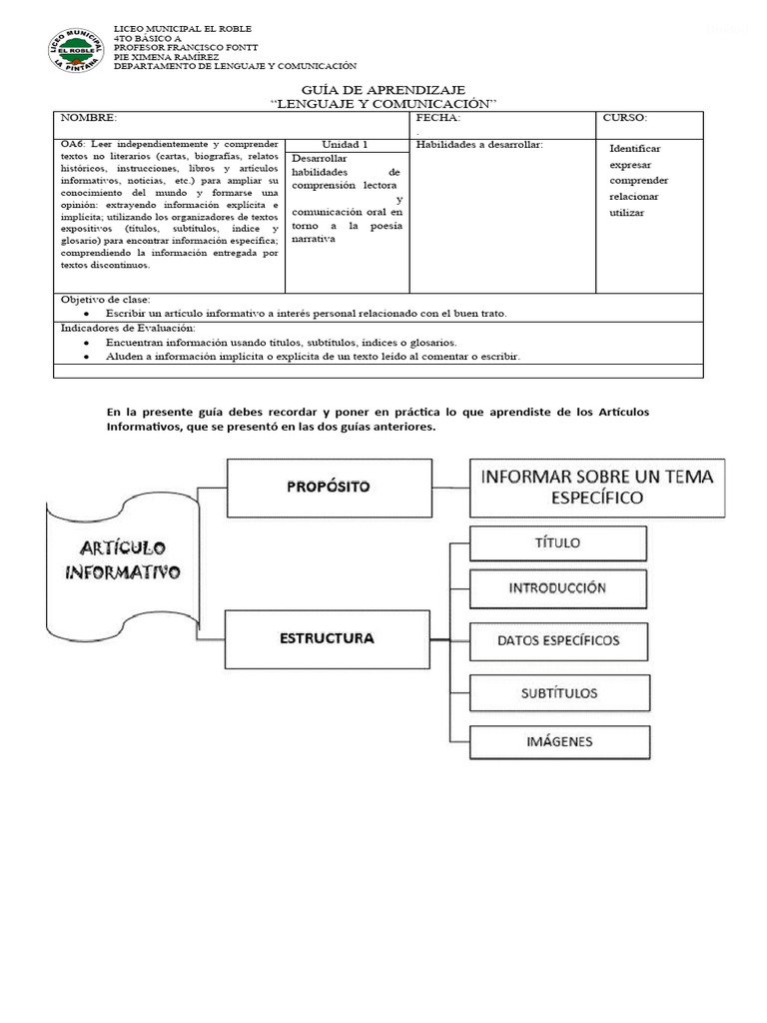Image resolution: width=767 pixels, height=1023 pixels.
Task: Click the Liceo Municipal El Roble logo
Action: (x=76, y=49)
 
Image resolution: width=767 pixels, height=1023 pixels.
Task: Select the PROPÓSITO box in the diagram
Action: (x=328, y=488)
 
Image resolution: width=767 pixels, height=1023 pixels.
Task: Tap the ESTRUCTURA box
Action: (x=328, y=637)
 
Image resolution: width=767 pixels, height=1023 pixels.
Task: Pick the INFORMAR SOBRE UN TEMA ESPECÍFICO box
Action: (x=597, y=487)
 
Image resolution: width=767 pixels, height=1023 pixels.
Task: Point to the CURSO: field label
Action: (x=625, y=118)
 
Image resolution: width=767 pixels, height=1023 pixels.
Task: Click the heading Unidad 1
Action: (x=346, y=145)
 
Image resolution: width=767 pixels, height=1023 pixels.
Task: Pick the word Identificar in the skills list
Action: (x=635, y=149)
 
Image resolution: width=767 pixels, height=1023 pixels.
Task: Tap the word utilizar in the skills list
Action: (x=627, y=213)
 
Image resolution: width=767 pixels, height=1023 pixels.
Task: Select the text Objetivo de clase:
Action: (x=105, y=300)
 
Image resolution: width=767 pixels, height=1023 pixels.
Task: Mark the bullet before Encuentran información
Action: (x=88, y=342)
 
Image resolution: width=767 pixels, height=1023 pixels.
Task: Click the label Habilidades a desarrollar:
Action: (x=478, y=145)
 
